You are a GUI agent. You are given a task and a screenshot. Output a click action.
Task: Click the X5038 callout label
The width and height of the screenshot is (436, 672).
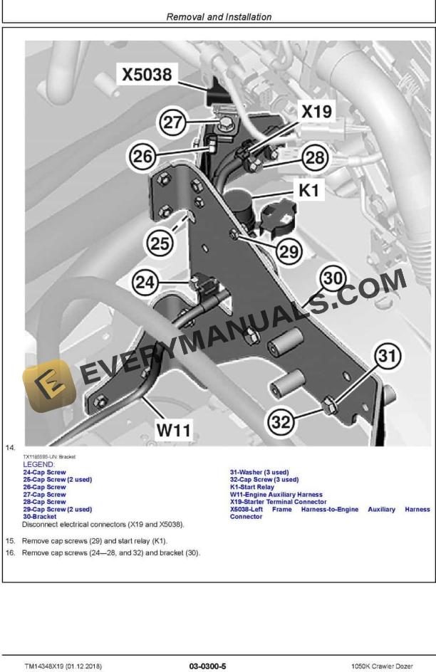147,75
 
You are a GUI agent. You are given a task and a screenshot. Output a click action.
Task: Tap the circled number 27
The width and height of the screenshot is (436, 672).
172,122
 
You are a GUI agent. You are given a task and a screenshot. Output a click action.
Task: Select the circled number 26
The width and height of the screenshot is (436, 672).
143,157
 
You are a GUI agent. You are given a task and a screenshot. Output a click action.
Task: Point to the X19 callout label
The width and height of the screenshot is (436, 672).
316,112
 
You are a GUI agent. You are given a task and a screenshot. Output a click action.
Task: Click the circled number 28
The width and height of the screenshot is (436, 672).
315,157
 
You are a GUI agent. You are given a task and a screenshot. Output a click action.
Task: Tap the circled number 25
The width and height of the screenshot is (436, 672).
161,243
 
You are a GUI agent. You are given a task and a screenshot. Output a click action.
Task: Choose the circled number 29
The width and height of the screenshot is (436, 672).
287,250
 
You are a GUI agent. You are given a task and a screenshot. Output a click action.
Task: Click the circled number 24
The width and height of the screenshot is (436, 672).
145,283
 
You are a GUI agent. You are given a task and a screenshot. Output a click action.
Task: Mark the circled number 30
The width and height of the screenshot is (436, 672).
333,278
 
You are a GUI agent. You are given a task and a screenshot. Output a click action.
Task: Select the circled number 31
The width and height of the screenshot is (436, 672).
385,357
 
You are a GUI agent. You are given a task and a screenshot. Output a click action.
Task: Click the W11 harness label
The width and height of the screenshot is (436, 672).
174,429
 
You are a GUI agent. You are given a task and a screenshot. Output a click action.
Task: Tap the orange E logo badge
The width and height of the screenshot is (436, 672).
48,389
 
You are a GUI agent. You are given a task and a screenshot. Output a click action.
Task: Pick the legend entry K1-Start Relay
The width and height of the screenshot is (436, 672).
251,487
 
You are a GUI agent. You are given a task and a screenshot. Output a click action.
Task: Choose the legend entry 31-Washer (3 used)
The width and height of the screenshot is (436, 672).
259,472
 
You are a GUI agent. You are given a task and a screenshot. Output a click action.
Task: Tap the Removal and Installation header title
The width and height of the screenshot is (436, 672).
218,16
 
